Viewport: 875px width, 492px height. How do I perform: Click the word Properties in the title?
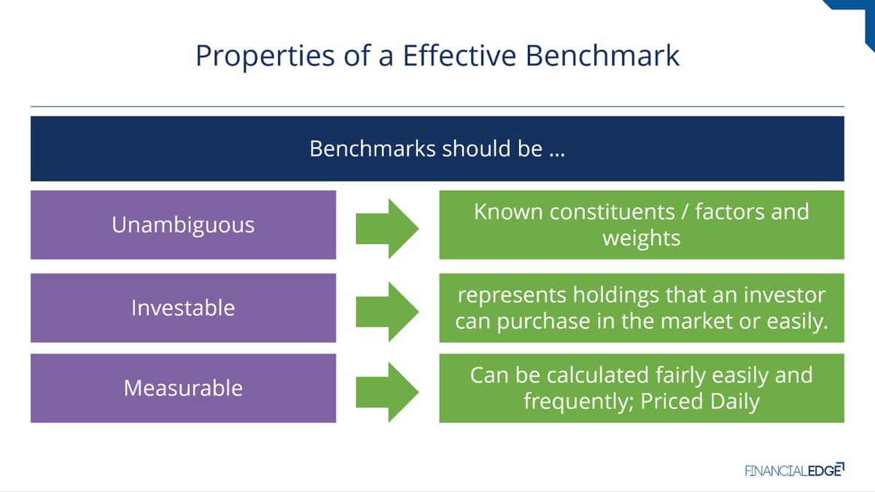click(265, 57)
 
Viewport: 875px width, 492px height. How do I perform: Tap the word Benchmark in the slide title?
click(602, 55)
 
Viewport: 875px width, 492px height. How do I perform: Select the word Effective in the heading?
click(459, 55)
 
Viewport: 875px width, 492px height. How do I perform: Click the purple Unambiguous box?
click(183, 225)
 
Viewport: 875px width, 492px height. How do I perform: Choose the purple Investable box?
click(183, 308)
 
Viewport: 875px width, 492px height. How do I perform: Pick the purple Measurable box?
click(183, 388)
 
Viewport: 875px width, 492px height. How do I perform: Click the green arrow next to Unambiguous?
click(387, 228)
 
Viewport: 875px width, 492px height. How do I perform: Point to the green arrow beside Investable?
click(387, 312)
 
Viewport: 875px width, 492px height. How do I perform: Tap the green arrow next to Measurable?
click(387, 392)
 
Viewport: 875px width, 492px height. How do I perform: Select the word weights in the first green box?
click(642, 238)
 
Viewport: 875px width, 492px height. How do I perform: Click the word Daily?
click(735, 402)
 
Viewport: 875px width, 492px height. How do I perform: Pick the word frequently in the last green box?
click(579, 402)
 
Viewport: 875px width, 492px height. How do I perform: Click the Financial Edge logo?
click(795, 470)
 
